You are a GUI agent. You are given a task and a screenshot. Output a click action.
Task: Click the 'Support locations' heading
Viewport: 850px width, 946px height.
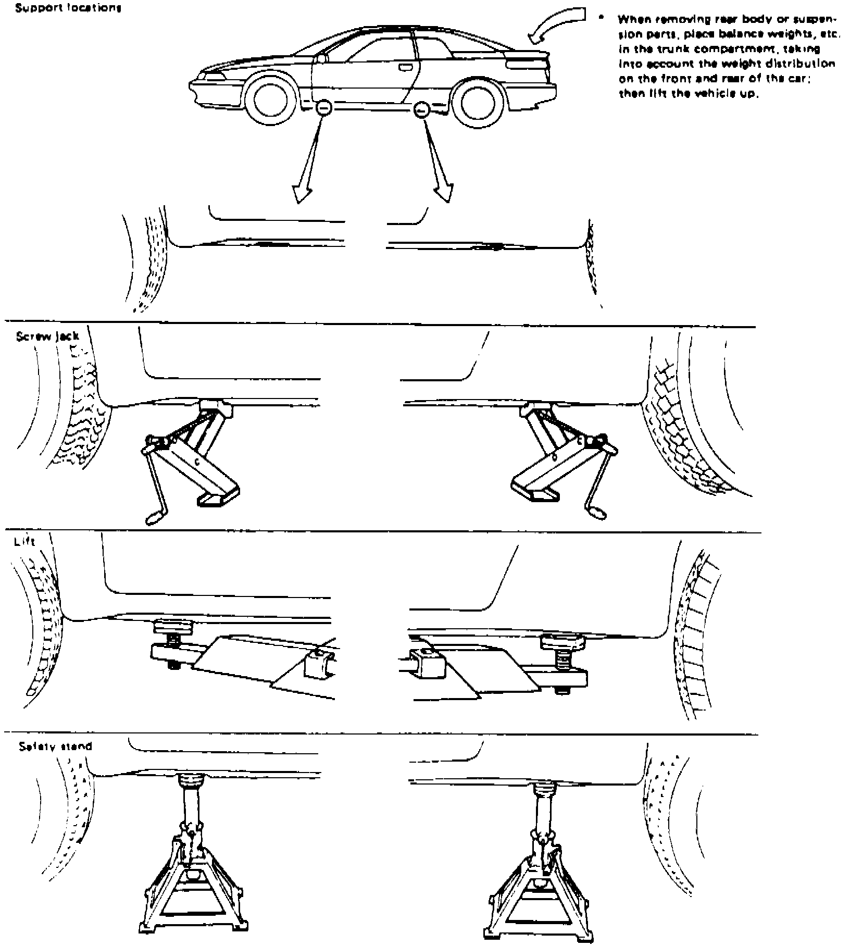[68, 9]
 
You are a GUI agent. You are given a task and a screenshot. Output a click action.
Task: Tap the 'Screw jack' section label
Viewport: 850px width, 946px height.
[47, 336]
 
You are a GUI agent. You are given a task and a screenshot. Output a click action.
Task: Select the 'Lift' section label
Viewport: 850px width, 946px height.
[24, 541]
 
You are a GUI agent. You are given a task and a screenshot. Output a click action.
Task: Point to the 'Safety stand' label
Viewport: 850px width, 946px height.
[55, 746]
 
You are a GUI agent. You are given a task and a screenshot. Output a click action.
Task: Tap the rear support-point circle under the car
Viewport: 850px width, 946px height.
[421, 109]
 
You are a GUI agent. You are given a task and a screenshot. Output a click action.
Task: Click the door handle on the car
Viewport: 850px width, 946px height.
[404, 67]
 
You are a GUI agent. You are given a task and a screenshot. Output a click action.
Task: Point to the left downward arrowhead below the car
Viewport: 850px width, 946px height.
[302, 193]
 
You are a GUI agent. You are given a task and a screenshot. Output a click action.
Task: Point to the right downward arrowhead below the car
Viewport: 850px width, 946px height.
[443, 193]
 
